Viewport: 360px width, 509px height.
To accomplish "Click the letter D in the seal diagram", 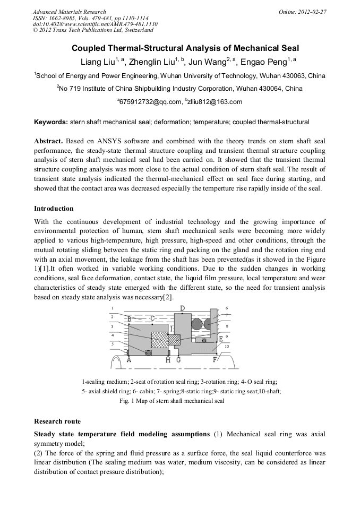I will click(183, 308).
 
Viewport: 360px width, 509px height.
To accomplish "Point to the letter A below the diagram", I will click(129, 360).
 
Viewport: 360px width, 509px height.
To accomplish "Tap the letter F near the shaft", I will click(215, 360).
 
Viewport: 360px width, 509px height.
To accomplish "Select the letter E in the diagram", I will click(221, 339).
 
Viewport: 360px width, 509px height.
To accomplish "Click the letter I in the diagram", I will click(171, 330).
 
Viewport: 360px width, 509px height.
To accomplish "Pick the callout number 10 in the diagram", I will click(227, 347).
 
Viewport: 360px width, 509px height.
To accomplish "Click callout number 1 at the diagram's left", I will click(112, 308).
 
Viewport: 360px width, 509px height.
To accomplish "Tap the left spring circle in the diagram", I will click(197, 324).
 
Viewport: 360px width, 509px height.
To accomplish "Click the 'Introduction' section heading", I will click(54, 209).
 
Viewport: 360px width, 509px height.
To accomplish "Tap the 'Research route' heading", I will click(57, 421).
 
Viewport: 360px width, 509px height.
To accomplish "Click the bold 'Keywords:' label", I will click(51, 122).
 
